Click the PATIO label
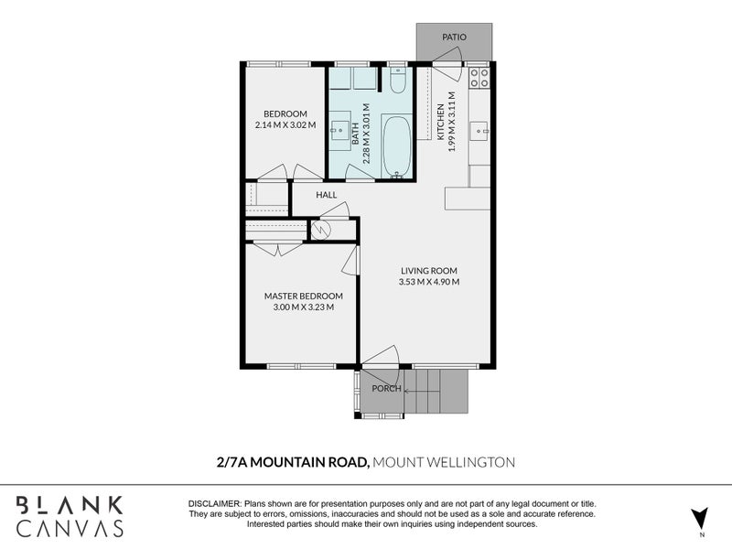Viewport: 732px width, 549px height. [x=454, y=37]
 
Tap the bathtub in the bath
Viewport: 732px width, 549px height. [x=396, y=145]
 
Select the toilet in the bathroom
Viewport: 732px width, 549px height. [x=398, y=80]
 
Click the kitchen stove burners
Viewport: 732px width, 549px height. [x=479, y=78]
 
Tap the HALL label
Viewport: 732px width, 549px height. [x=327, y=195]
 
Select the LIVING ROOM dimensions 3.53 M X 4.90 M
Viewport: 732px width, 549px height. [x=429, y=282]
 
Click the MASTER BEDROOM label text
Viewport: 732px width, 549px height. [x=304, y=296]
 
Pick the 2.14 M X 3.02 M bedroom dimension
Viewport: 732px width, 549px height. [x=285, y=125]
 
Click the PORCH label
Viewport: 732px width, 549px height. [x=386, y=388]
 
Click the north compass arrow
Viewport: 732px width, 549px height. [x=699, y=517]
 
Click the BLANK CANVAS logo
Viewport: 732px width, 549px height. [x=70, y=517]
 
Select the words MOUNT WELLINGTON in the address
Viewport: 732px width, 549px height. [x=444, y=462]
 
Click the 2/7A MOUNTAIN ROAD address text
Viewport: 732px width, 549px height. [x=293, y=462]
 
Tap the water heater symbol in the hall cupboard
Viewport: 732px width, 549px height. [x=321, y=230]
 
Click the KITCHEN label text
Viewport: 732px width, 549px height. [x=440, y=122]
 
